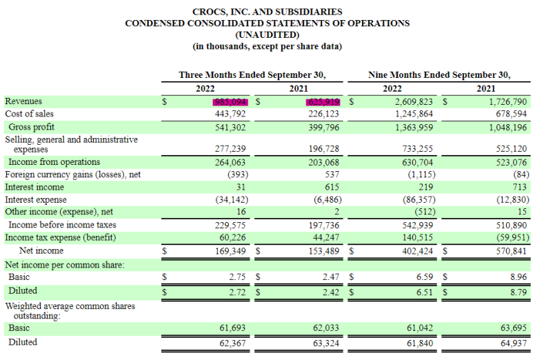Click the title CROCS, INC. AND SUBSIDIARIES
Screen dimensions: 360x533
pyautogui.click(x=267, y=12)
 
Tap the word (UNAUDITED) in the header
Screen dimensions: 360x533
pyautogui.click(x=267, y=34)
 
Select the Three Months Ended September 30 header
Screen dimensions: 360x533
pyautogui.click(x=252, y=74)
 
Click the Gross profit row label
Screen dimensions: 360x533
pyautogui.click(x=31, y=127)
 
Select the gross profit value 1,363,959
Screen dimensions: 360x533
pyautogui.click(x=408, y=127)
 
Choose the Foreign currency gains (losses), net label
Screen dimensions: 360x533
pyautogui.click(x=72, y=174)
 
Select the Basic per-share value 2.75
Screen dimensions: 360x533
pyautogui.click(x=238, y=277)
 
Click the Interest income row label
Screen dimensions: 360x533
pyautogui.click(x=34, y=187)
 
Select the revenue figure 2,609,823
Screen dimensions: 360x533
pyautogui.click(x=408, y=101)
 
